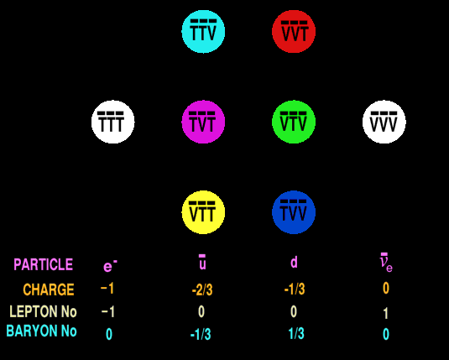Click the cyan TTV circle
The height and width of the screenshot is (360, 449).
pos(203,32)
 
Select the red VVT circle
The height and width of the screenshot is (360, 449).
pos(294,32)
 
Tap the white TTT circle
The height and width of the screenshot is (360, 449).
pos(112,122)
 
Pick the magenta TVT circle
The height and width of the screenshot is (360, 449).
pos(203,122)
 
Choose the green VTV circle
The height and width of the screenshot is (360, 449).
pos(294,122)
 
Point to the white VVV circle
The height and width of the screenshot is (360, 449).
pos(384,122)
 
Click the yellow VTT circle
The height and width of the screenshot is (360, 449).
pos(203,212)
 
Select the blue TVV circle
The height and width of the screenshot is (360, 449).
pos(294,212)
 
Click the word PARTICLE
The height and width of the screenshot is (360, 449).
pos(44,264)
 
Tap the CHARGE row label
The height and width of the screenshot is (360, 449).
pos(49,290)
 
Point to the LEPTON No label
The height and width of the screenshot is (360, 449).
pos(43,311)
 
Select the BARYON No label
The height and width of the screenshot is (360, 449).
pos(41,331)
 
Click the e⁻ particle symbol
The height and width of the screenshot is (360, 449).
pos(110,265)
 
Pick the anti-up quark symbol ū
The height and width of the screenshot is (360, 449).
pos(202,262)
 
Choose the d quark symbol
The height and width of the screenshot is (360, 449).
pos(294,262)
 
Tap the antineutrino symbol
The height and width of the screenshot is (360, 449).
pos(386,263)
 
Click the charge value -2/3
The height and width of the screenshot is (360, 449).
pos(202,290)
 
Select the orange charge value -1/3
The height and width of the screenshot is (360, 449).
pos(295,290)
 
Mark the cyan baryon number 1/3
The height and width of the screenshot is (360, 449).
pos(296,334)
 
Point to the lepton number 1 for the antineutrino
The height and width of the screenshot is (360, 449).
pos(386,313)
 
